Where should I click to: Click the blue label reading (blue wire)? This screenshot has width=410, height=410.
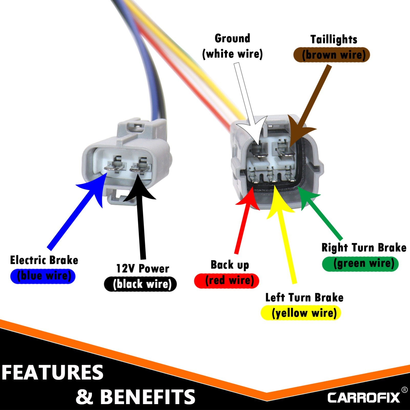tap(43, 276)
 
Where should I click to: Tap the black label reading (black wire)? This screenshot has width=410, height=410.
tap(140, 284)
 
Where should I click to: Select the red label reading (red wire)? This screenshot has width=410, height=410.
tap(227, 281)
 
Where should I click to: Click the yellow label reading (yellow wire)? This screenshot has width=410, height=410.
tap(301, 313)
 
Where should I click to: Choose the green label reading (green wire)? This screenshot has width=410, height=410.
tap(360, 264)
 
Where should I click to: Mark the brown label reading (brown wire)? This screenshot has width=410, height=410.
tap(332, 55)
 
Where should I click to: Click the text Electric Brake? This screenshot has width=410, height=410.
tap(44, 260)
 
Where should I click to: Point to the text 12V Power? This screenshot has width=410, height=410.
tap(143, 269)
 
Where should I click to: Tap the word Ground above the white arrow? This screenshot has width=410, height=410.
tap(232, 39)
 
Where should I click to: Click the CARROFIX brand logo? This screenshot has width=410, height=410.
tap(364, 397)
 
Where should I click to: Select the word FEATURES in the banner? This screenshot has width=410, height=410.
tap(53, 373)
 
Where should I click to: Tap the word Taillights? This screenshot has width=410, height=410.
tap(334, 39)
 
